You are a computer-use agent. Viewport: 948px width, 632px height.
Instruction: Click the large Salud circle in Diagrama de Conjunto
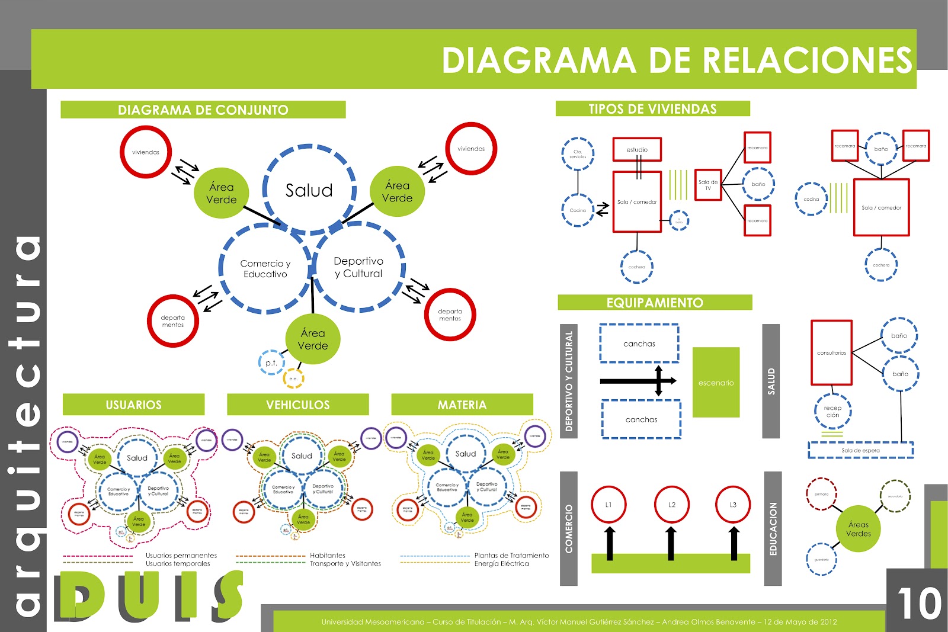(x=309, y=190)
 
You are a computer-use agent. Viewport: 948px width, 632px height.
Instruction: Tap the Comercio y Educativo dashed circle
(x=265, y=268)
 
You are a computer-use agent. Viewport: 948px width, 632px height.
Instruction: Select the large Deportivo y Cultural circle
(x=358, y=267)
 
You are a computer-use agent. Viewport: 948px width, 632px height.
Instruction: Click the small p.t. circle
(x=271, y=363)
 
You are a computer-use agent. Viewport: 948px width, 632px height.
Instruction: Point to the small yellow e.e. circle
(x=293, y=378)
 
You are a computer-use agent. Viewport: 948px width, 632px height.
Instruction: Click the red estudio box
(x=637, y=149)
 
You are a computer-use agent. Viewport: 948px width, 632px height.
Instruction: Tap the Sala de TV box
(x=708, y=185)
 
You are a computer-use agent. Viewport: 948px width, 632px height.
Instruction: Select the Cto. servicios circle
(x=578, y=154)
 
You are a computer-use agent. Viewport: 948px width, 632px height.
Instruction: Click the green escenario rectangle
(x=716, y=382)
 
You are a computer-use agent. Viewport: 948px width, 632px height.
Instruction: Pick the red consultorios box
(x=831, y=352)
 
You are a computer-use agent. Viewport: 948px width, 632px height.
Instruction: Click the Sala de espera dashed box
(x=860, y=450)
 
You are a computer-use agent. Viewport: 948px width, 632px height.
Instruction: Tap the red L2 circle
(x=671, y=505)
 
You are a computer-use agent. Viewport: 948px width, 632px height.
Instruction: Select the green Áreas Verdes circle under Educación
(x=858, y=528)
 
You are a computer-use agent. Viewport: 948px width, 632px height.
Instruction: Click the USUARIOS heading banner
(x=133, y=405)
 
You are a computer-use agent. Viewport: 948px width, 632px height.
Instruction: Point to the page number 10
(x=918, y=603)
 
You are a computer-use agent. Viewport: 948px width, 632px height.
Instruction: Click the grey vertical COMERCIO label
(x=568, y=528)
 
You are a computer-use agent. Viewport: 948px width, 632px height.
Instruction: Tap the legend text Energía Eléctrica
(x=501, y=564)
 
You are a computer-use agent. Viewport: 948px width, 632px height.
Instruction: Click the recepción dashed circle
(x=832, y=411)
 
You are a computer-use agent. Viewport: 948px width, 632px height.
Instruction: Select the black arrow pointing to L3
(x=734, y=542)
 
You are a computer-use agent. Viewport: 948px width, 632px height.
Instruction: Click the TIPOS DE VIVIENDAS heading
(x=652, y=109)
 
